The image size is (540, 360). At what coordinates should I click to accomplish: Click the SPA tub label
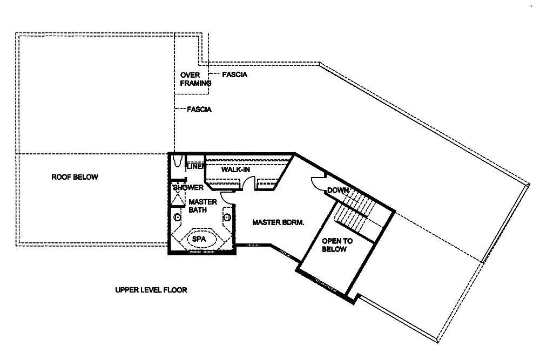pyautogui.click(x=199, y=237)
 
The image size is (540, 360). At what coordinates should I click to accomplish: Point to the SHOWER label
pyautogui.click(x=188, y=187)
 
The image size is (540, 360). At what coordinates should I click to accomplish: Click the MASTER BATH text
pyautogui.click(x=202, y=206)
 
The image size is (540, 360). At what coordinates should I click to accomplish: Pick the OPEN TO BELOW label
pyautogui.click(x=337, y=245)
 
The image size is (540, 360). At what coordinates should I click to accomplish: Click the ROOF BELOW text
pyautogui.click(x=75, y=177)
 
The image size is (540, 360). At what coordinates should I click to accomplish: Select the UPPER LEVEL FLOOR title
pyautogui.click(x=151, y=290)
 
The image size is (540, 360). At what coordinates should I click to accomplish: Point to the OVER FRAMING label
pyautogui.click(x=194, y=79)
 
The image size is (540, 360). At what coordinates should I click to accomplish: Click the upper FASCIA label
pyautogui.click(x=234, y=74)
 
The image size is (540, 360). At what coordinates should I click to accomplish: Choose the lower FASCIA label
pyautogui.click(x=199, y=109)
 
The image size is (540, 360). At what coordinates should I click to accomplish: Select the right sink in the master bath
pyautogui.click(x=227, y=217)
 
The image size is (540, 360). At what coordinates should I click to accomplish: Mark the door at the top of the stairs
pyautogui.click(x=318, y=184)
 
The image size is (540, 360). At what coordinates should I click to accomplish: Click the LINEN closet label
pyautogui.click(x=194, y=167)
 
